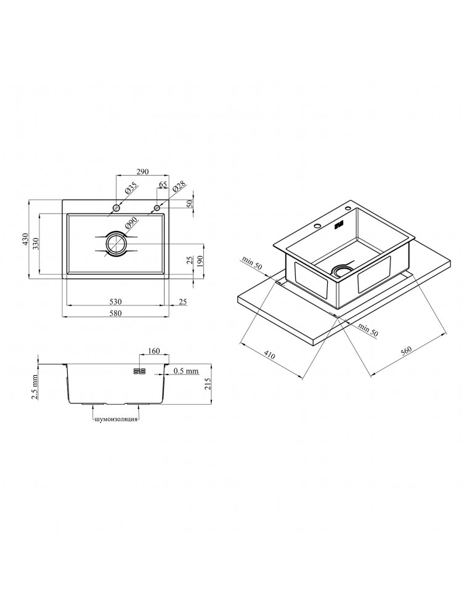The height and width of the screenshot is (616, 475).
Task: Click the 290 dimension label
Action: [x=142, y=172]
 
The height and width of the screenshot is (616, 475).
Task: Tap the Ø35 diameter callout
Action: [x=130, y=188]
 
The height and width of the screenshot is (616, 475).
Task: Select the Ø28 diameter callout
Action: [x=177, y=188]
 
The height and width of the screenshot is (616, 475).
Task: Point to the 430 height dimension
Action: [x=25, y=240]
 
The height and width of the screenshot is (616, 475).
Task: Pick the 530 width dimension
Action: [x=115, y=302]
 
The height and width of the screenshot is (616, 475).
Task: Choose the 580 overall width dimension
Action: [x=115, y=313]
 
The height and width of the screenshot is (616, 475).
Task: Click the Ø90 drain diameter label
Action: [x=130, y=224]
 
